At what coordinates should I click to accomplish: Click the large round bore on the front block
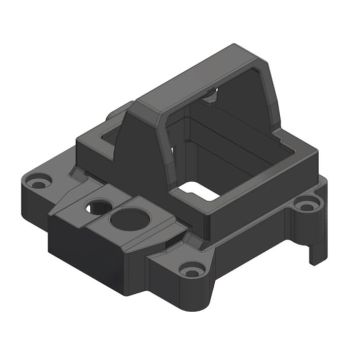127,217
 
